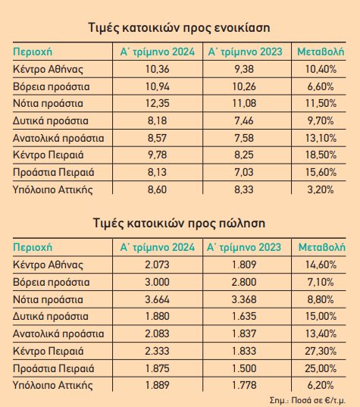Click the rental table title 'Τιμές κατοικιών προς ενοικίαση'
click(179, 28)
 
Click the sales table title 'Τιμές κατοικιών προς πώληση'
click(179, 224)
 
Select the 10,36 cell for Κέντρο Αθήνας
click(158, 69)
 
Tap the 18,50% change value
click(321, 155)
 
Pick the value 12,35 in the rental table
click(158, 104)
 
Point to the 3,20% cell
click(321, 189)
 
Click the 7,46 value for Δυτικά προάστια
click(244, 121)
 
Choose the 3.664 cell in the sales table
click(158, 299)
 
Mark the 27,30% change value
click(321, 351)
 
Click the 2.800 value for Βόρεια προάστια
click(244, 282)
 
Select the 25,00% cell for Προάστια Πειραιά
click(321, 368)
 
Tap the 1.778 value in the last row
click(244, 385)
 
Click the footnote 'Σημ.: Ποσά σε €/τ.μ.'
click(308, 400)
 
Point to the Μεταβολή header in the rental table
click(321, 52)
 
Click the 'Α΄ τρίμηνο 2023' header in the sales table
click(244, 247)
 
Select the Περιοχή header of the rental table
click(33, 52)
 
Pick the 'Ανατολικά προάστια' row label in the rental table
click(58, 138)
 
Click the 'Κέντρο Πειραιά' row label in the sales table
click(49, 351)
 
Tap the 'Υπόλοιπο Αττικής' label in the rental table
click(53, 189)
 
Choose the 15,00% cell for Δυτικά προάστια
click(321, 316)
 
